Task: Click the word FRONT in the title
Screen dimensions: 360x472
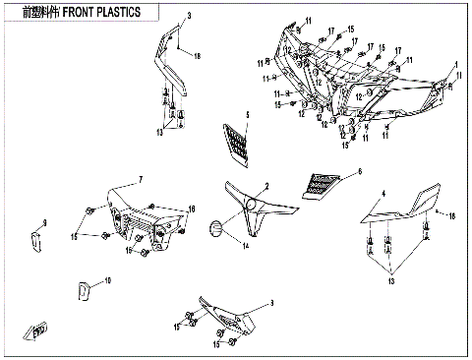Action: (x=91, y=12)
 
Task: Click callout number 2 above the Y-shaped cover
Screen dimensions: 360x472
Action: (x=265, y=185)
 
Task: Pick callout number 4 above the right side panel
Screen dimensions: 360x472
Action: (x=384, y=193)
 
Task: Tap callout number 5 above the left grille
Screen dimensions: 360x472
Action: (x=248, y=115)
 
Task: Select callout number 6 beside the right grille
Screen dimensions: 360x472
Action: (x=359, y=170)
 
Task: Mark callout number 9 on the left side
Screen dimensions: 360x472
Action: (x=43, y=224)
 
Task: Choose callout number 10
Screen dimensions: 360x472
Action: (x=108, y=281)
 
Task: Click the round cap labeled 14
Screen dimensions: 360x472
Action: (x=212, y=228)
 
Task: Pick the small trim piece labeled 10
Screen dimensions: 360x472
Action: (x=85, y=290)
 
